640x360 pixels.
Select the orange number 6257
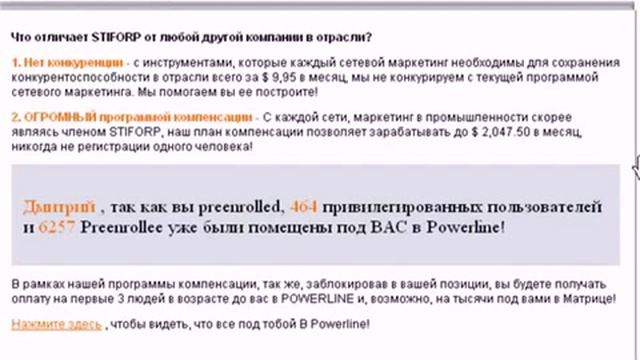click(x=56, y=227)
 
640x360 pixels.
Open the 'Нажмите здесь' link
click(x=56, y=325)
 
